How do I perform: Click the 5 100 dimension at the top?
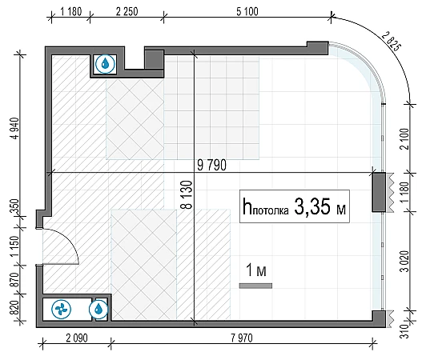(x=247, y=12)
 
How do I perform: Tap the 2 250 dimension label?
(x=127, y=12)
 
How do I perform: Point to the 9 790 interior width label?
(x=211, y=166)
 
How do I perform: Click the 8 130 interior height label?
(x=187, y=195)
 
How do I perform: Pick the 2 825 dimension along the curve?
(x=392, y=42)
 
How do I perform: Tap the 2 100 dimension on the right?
(x=404, y=139)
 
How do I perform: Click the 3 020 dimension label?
(x=404, y=261)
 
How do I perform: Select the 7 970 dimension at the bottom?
(x=242, y=338)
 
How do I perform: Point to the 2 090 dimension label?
(x=77, y=338)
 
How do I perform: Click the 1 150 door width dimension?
(x=14, y=246)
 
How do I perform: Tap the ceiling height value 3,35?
(x=312, y=206)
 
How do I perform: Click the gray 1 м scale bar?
(x=255, y=286)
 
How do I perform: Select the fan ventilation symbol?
(x=61, y=309)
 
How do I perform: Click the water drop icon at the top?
(x=105, y=64)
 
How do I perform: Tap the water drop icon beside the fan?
(x=98, y=309)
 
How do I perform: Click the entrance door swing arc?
(x=69, y=238)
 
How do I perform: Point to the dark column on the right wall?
(x=379, y=192)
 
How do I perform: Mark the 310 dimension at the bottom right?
(x=404, y=331)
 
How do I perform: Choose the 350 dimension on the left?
(x=14, y=206)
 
